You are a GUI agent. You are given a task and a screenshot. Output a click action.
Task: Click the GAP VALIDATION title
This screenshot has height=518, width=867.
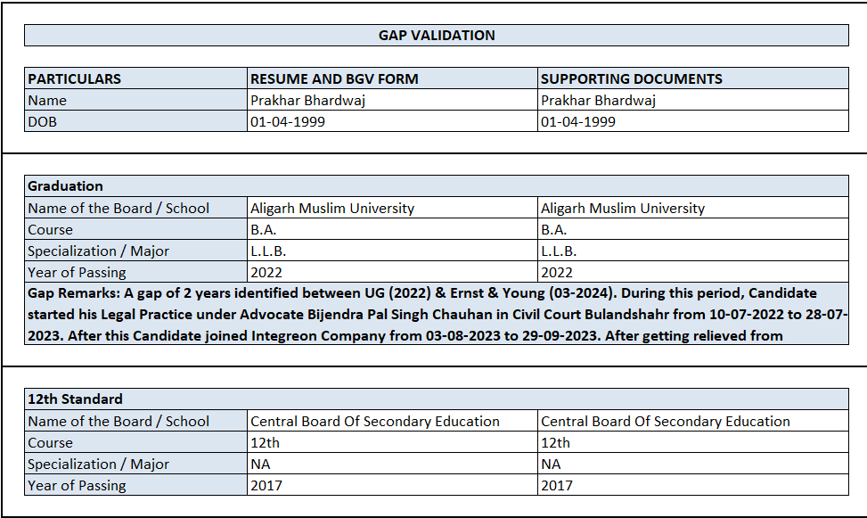pos(437,36)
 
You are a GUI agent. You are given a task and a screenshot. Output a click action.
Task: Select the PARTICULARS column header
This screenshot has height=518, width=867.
pos(74,78)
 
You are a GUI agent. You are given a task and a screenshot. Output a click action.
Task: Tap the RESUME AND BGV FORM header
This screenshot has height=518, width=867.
pos(334,78)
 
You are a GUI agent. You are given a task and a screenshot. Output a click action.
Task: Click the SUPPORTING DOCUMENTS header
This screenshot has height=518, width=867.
pos(632,78)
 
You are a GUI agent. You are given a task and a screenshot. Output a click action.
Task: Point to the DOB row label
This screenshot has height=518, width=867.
pos(42,121)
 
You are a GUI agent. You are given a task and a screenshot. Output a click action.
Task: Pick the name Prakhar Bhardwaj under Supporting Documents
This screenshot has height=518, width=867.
pos(598,100)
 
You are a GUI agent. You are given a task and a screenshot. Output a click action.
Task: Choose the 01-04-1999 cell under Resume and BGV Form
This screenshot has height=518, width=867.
pos(288,121)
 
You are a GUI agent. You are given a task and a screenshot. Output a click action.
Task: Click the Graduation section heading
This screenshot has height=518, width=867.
pos(65,185)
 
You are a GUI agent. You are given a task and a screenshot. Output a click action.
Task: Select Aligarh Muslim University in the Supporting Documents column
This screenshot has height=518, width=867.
pos(623,208)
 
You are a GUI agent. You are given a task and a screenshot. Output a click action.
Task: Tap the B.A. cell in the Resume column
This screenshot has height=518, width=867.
pos(264,229)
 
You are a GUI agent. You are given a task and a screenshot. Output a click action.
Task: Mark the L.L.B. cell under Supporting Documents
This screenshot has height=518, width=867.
pos(559,251)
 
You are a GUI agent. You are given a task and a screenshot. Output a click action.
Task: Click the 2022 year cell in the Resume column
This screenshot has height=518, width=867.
pos(266,272)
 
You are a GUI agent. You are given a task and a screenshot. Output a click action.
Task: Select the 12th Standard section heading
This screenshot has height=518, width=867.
pos(75,399)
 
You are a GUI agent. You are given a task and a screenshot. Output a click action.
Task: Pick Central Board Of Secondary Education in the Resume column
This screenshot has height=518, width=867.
pos(375,421)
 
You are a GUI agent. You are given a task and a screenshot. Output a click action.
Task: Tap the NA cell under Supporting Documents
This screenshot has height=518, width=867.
pos(551,464)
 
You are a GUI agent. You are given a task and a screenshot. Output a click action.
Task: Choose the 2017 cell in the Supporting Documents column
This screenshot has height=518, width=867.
pos(557,485)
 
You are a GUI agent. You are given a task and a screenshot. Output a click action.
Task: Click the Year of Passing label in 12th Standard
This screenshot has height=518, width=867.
pos(77,485)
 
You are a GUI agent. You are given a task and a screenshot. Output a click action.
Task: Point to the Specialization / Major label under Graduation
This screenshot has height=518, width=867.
pos(98,251)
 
